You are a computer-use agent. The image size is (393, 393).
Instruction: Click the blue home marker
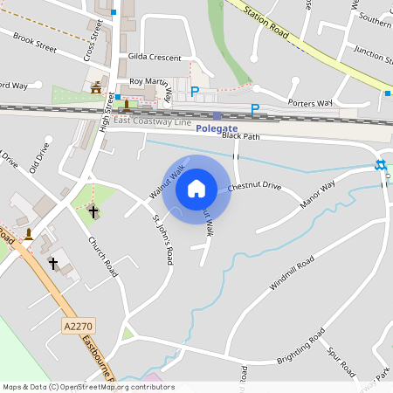(x=196, y=188)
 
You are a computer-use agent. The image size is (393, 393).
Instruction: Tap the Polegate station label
(x=217, y=128)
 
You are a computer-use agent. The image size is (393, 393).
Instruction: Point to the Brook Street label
(x=35, y=43)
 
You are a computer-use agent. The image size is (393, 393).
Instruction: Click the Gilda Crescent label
(x=155, y=58)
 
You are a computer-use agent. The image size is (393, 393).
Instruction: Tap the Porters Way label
(x=312, y=103)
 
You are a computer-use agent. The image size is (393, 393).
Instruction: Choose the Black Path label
(x=241, y=136)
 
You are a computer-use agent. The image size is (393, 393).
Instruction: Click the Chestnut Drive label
(x=255, y=186)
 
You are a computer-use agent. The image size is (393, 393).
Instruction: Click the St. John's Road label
(x=163, y=238)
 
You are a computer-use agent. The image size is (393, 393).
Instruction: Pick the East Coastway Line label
(x=152, y=121)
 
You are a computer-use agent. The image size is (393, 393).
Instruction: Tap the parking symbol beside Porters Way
(x=254, y=109)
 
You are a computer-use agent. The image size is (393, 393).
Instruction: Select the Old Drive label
(x=39, y=157)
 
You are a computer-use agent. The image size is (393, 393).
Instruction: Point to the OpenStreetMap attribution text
(x=87, y=387)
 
